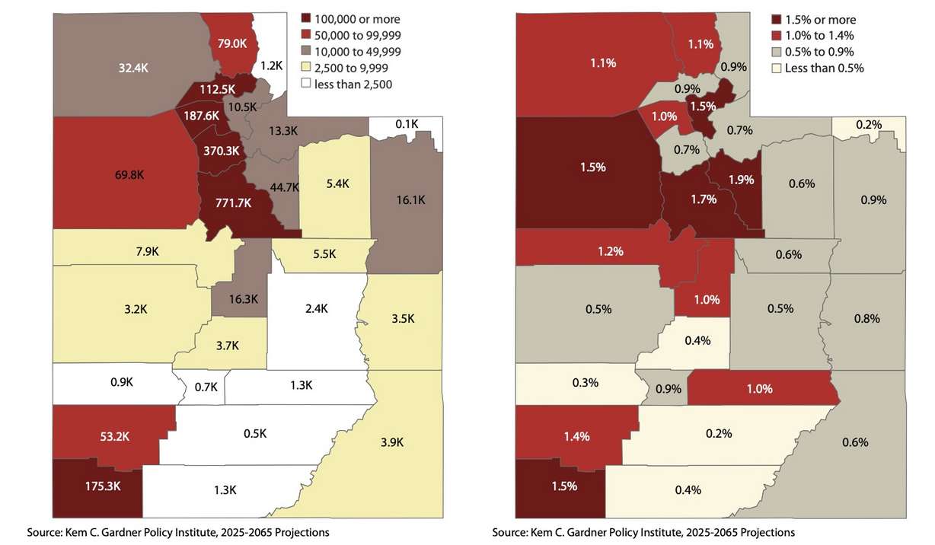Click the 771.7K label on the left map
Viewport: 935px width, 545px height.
(x=228, y=203)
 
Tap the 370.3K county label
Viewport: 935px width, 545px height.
(x=221, y=151)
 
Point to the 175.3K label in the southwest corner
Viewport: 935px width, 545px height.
(x=97, y=486)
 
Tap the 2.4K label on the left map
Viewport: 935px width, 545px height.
(x=315, y=308)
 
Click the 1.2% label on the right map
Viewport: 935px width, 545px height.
(x=611, y=250)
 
